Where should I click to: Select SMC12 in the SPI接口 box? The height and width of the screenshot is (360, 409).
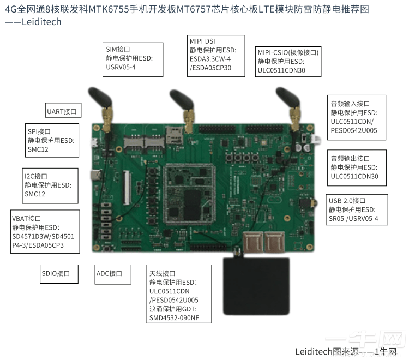pyautogui.click(x=38, y=149)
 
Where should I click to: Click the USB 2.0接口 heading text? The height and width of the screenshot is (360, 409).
pyautogui.click(x=347, y=200)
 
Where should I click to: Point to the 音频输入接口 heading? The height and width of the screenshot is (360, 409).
pyautogui.click(x=350, y=104)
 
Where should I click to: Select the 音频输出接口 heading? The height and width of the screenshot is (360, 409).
pyautogui.click(x=350, y=158)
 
